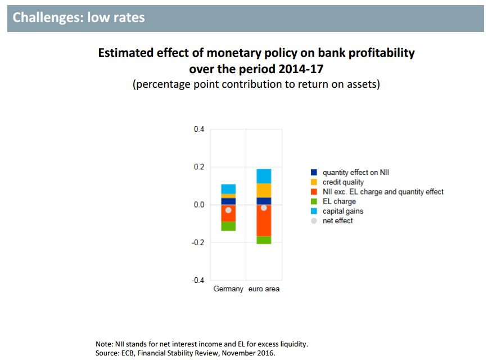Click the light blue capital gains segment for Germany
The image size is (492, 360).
pyautogui.click(x=228, y=188)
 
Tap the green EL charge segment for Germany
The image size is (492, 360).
pyautogui.click(x=228, y=226)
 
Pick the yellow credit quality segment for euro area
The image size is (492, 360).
pyautogui.click(x=264, y=190)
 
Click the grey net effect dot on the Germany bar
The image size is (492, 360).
pyautogui.click(x=228, y=210)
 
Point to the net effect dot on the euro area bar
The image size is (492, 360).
pyautogui.click(x=264, y=208)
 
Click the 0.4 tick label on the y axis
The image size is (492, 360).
pyautogui.click(x=199, y=129)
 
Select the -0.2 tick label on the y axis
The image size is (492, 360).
pyautogui.click(x=198, y=242)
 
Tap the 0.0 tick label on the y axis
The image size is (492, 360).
pyautogui.click(x=199, y=205)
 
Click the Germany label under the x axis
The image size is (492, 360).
pyautogui.click(x=228, y=289)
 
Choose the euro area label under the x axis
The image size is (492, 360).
pyautogui.click(x=264, y=289)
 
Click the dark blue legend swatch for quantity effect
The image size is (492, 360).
pyautogui.click(x=314, y=173)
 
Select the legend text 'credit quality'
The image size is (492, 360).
pyautogui.click(x=343, y=182)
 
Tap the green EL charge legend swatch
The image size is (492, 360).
pyautogui.click(x=314, y=201)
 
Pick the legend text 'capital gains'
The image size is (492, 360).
pyautogui.click(x=343, y=211)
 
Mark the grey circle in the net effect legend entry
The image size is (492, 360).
pyautogui.click(x=314, y=220)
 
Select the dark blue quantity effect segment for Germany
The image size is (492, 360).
pyautogui.click(x=228, y=201)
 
